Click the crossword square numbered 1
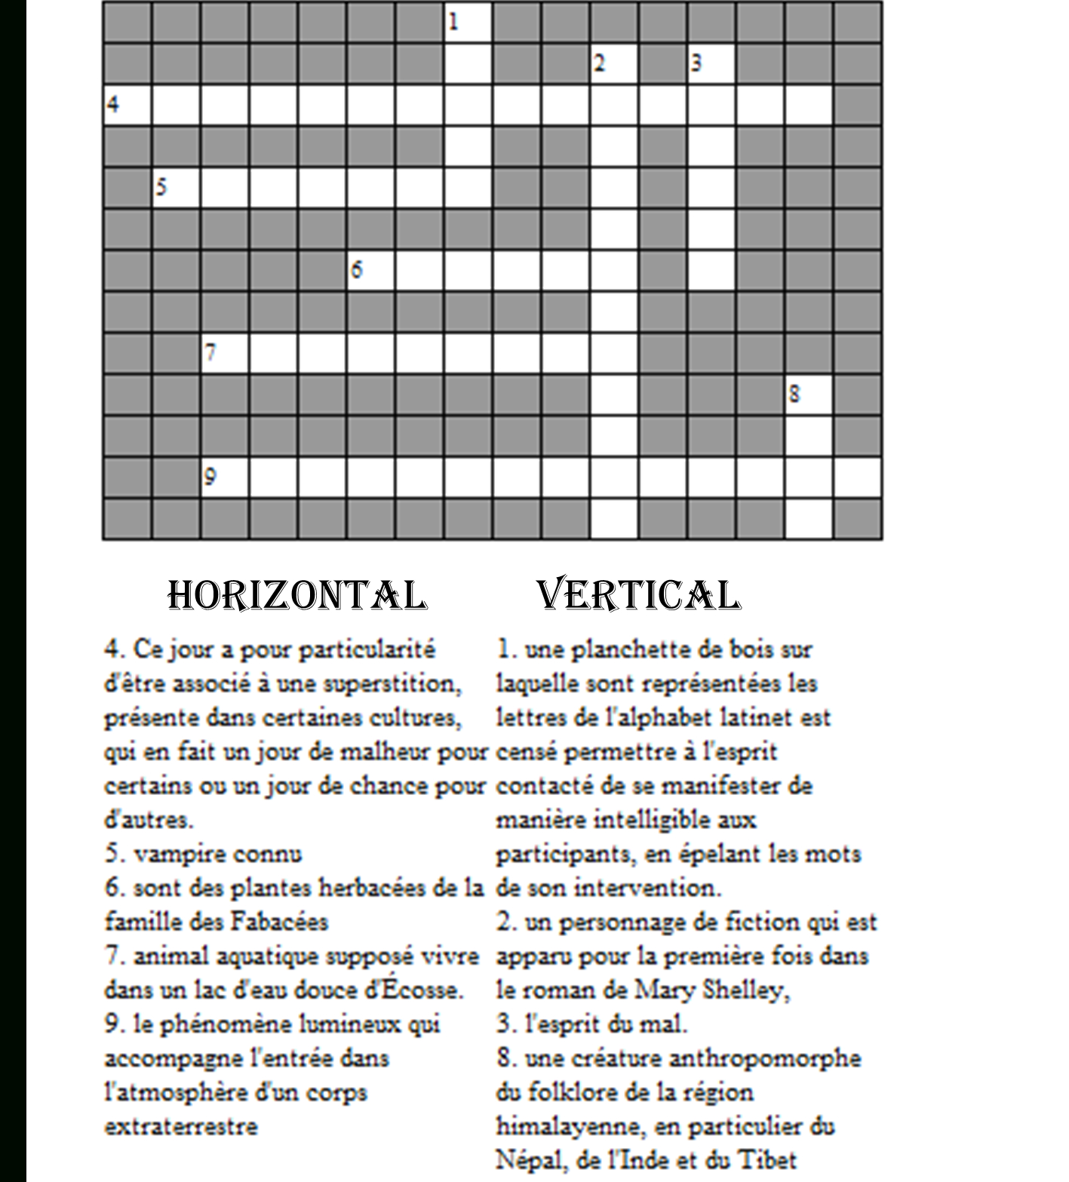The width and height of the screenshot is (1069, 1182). click(x=468, y=22)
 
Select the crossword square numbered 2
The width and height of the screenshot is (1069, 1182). click(x=614, y=63)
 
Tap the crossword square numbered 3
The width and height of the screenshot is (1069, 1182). click(x=711, y=63)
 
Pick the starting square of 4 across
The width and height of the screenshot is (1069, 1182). click(x=127, y=105)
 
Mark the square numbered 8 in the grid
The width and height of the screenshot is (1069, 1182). click(x=809, y=394)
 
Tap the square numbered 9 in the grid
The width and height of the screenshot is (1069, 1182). click(x=225, y=477)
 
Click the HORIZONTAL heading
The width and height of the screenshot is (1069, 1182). click(x=296, y=595)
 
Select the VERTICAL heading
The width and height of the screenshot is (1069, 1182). click(x=638, y=595)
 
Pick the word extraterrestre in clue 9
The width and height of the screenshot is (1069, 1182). click(x=181, y=1126)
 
